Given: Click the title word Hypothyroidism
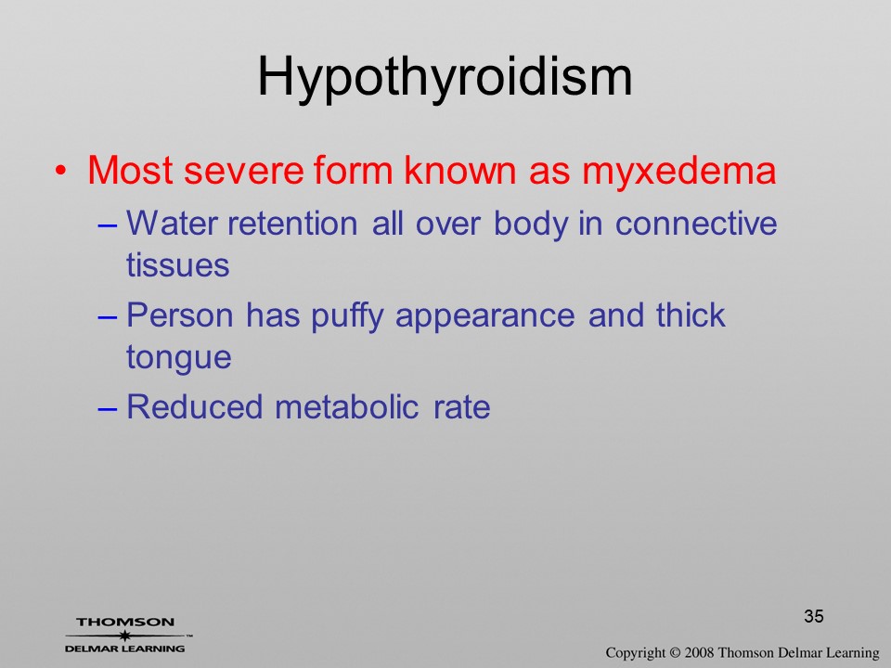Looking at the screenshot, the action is (x=445, y=79).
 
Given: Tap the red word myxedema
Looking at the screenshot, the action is (x=679, y=171).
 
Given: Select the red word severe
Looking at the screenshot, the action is (x=244, y=171).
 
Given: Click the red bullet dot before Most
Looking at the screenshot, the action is (x=61, y=170).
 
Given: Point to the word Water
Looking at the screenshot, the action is (x=172, y=224).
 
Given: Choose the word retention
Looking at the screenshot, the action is (x=292, y=224).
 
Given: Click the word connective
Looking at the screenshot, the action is (x=696, y=224).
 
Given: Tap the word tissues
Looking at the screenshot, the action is (x=178, y=265).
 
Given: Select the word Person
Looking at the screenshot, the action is (x=179, y=315).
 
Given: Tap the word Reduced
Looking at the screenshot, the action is (x=194, y=406).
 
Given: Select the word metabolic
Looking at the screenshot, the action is (x=346, y=406).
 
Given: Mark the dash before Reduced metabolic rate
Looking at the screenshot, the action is (x=108, y=409).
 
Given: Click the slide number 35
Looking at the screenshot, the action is (x=814, y=616).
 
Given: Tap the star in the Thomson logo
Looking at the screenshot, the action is (x=124, y=636).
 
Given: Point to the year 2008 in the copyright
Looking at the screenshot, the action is (x=699, y=652).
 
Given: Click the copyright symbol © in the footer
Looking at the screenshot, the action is (x=675, y=653).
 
